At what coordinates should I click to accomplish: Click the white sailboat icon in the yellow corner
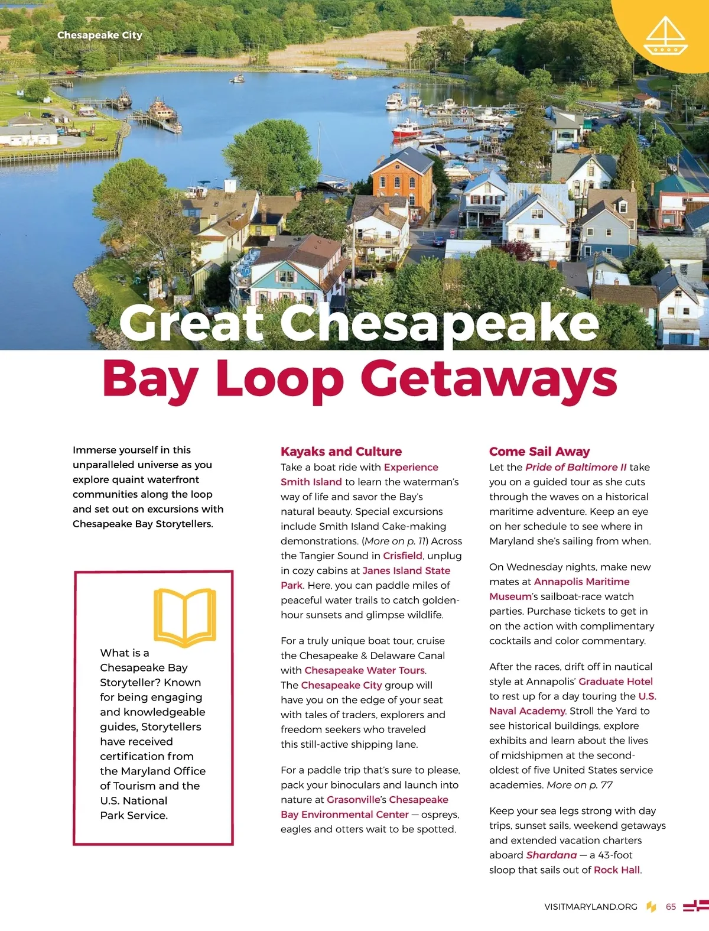(x=666, y=36)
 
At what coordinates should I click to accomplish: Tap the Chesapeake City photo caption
(x=100, y=35)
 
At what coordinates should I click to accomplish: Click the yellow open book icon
(x=184, y=616)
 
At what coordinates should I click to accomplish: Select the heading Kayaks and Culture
(x=341, y=452)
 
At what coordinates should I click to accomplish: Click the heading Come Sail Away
(x=539, y=452)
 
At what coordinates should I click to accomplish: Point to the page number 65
(x=671, y=907)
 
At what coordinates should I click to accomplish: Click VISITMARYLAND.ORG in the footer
(x=591, y=907)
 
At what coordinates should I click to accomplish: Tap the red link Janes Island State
(x=406, y=570)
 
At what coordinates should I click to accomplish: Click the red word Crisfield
(x=402, y=556)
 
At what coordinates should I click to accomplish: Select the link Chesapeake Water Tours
(x=365, y=670)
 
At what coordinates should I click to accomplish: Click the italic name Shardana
(x=551, y=855)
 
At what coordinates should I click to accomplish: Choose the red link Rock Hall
(x=617, y=870)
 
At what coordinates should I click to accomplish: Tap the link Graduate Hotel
(x=616, y=682)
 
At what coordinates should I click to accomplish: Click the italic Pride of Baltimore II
(x=576, y=467)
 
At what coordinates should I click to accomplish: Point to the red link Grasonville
(x=353, y=800)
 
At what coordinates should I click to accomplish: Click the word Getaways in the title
(x=489, y=378)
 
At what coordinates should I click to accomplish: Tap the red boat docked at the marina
(x=406, y=128)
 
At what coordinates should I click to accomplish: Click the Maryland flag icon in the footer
(x=695, y=906)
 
